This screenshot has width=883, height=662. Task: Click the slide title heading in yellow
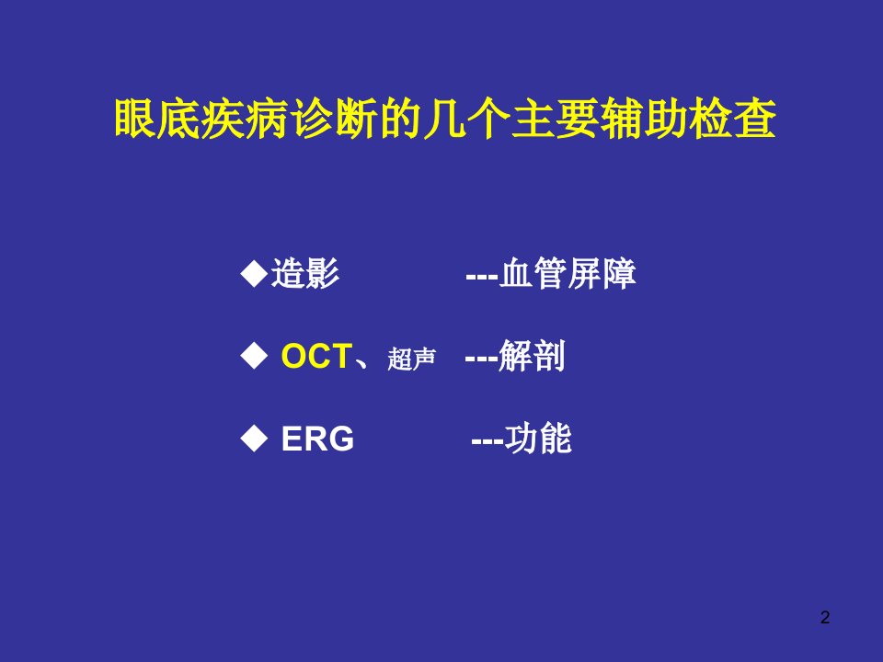(445, 119)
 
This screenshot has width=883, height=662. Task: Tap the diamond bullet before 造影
(254, 274)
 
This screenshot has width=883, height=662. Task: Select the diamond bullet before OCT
(254, 357)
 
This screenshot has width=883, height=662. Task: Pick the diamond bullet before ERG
(254, 439)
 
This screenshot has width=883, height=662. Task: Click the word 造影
(305, 274)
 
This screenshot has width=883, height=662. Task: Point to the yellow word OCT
(316, 357)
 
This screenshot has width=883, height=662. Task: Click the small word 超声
(412, 360)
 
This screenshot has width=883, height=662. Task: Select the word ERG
(317, 439)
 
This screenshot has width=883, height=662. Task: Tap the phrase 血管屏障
(568, 274)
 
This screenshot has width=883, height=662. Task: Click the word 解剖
(532, 357)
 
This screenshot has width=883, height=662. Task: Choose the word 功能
(538, 439)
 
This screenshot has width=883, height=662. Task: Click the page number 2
(825, 618)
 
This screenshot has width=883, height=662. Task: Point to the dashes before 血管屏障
(482, 277)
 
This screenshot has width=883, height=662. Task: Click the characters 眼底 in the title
(157, 119)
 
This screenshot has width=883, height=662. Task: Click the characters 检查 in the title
(733, 119)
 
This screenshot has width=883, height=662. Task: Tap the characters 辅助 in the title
(645, 119)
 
